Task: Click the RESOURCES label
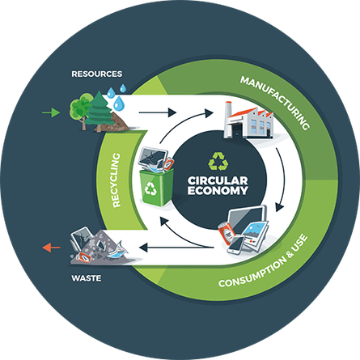[97, 74]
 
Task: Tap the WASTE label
[87, 278]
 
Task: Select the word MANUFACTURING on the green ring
[275, 102]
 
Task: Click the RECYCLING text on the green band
[116, 180]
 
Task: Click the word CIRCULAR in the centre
[218, 180]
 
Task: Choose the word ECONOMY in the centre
[218, 190]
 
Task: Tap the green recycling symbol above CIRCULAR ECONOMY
[218, 162]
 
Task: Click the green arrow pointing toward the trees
[51, 112]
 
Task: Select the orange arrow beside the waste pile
[52, 248]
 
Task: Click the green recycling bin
[156, 187]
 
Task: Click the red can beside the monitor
[227, 233]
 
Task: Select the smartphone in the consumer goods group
[235, 245]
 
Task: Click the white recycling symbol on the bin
[150, 188]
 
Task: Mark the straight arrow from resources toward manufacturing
[158, 112]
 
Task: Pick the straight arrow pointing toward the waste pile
[176, 248]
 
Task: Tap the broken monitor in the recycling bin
[152, 158]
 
